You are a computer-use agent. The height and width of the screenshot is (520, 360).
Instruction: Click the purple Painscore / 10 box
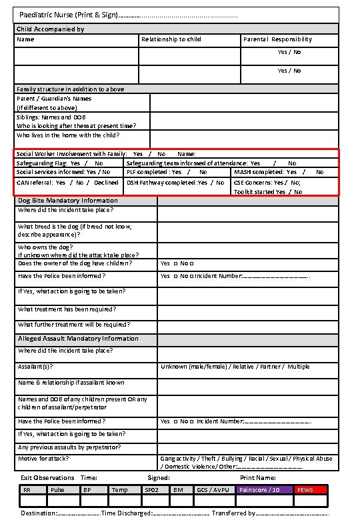click(x=263, y=490)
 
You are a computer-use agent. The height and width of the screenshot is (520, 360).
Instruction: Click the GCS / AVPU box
click(x=213, y=490)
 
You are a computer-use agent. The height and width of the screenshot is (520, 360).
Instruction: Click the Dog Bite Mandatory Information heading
click(x=67, y=200)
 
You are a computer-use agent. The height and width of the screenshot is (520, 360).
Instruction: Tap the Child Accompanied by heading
click(x=50, y=29)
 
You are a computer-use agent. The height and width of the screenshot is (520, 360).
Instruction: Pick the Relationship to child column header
click(x=171, y=39)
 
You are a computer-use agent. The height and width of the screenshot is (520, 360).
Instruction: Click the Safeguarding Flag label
click(x=41, y=163)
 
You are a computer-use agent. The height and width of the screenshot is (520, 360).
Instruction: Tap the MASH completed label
click(x=259, y=172)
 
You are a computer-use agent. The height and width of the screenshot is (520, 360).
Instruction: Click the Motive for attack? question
click(x=43, y=459)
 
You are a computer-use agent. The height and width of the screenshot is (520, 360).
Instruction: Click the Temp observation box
click(x=120, y=490)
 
